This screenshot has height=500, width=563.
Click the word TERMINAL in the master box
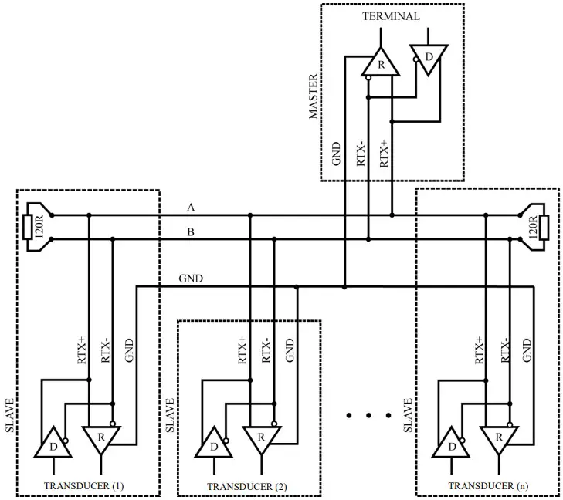click(x=391, y=16)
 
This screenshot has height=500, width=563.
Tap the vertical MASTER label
click(x=313, y=96)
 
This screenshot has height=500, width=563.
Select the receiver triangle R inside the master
click(x=381, y=63)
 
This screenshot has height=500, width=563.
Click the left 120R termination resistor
click(x=29, y=227)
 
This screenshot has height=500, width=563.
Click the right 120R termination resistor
click(x=543, y=227)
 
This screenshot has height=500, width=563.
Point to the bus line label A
click(x=191, y=208)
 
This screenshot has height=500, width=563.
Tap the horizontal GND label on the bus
click(x=191, y=278)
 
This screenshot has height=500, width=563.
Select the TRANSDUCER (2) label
click(x=247, y=486)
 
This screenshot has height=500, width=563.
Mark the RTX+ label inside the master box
click(x=384, y=152)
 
